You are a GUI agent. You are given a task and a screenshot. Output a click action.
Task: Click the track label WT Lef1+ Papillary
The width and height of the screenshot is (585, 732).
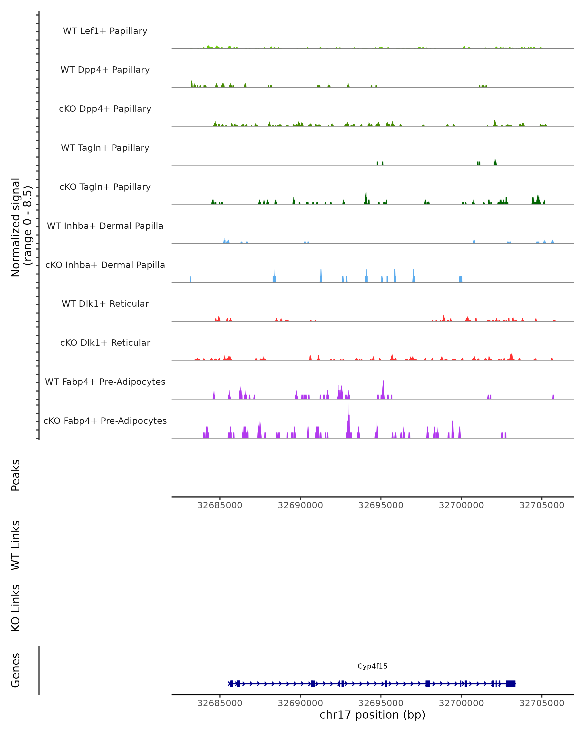[105, 31]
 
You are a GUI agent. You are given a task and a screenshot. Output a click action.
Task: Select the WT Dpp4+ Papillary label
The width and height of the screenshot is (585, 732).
[105, 70]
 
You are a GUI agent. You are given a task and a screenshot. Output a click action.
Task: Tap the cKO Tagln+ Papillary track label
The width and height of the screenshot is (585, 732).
[105, 187]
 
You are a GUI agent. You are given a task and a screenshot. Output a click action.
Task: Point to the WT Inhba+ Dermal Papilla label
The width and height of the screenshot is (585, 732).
[105, 226]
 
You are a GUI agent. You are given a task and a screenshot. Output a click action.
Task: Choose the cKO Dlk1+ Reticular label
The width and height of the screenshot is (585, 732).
[105, 343]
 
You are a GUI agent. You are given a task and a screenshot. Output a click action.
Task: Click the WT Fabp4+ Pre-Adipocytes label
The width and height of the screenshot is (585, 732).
[105, 382]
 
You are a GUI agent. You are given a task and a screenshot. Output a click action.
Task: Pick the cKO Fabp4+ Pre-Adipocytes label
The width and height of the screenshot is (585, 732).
[105, 421]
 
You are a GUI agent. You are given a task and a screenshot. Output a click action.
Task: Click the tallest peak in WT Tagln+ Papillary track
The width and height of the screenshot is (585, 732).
[495, 160]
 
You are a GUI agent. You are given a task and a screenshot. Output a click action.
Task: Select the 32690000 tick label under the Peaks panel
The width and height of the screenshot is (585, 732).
[300, 506]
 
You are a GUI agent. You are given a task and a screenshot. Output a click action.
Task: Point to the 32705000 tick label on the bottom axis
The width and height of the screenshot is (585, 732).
[542, 703]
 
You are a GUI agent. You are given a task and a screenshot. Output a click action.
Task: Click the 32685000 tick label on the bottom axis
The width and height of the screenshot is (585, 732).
[220, 703]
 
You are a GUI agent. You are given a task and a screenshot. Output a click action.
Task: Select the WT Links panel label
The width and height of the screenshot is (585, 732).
[16, 545]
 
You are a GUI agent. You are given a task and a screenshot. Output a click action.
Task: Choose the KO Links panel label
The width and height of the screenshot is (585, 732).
[16, 608]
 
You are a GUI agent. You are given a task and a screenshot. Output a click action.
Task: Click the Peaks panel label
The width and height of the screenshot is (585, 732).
[16, 475]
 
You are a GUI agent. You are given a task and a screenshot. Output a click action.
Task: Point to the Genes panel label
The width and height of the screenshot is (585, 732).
[16, 670]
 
